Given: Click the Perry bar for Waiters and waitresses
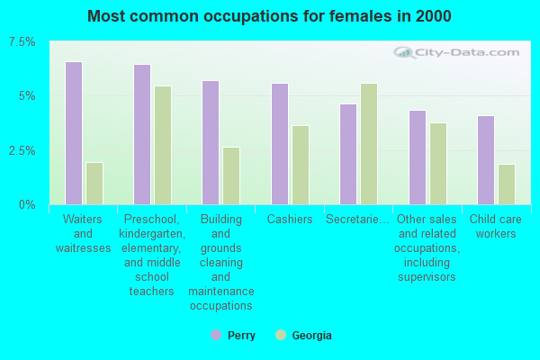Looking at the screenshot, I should click(x=74, y=133).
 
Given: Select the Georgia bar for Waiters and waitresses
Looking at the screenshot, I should click(x=94, y=184).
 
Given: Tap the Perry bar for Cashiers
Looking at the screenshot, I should click(x=280, y=144).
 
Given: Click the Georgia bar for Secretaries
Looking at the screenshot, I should click(x=369, y=144).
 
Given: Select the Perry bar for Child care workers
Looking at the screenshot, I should click(x=486, y=160).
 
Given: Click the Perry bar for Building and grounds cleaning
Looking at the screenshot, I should click(x=211, y=142).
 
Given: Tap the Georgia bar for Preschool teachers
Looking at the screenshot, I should click(x=163, y=145).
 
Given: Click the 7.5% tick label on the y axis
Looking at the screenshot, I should click(x=21, y=42).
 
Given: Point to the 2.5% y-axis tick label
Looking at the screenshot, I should click(x=21, y=150).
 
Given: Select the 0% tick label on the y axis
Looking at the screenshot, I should click(x=27, y=204).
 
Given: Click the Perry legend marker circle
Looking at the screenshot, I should click(x=216, y=335).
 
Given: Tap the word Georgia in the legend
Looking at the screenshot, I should click(x=311, y=336).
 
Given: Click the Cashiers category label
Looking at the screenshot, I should click(x=290, y=220).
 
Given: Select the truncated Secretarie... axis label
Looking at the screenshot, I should click(x=358, y=220).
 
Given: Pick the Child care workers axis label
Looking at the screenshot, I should click(x=496, y=227).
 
